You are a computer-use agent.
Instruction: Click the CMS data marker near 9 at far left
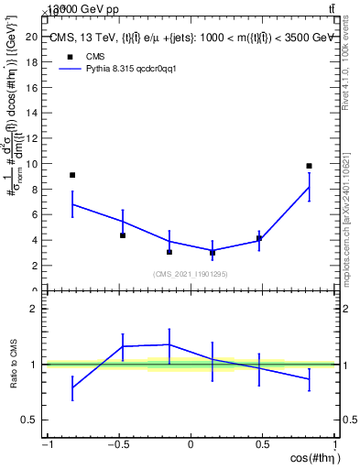coord(72,175)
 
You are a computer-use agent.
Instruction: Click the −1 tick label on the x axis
coord(47,445)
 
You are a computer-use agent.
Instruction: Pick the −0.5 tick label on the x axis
coord(117,445)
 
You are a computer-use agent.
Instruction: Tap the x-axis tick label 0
coord(191,445)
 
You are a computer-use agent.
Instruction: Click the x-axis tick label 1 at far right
coord(333,445)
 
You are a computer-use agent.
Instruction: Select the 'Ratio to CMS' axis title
coord(14,365)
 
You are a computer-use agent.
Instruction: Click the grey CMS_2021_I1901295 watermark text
coord(191,274)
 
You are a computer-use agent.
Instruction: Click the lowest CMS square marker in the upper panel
coord(213,253)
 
